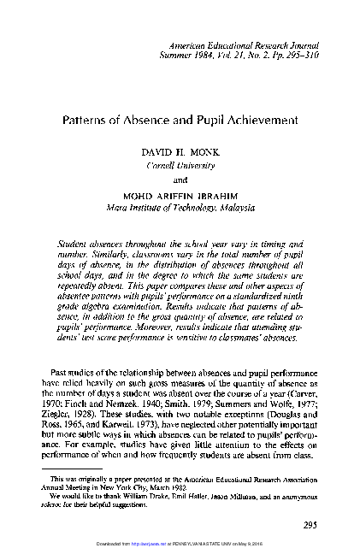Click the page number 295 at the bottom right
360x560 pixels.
(x=316, y=524)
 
